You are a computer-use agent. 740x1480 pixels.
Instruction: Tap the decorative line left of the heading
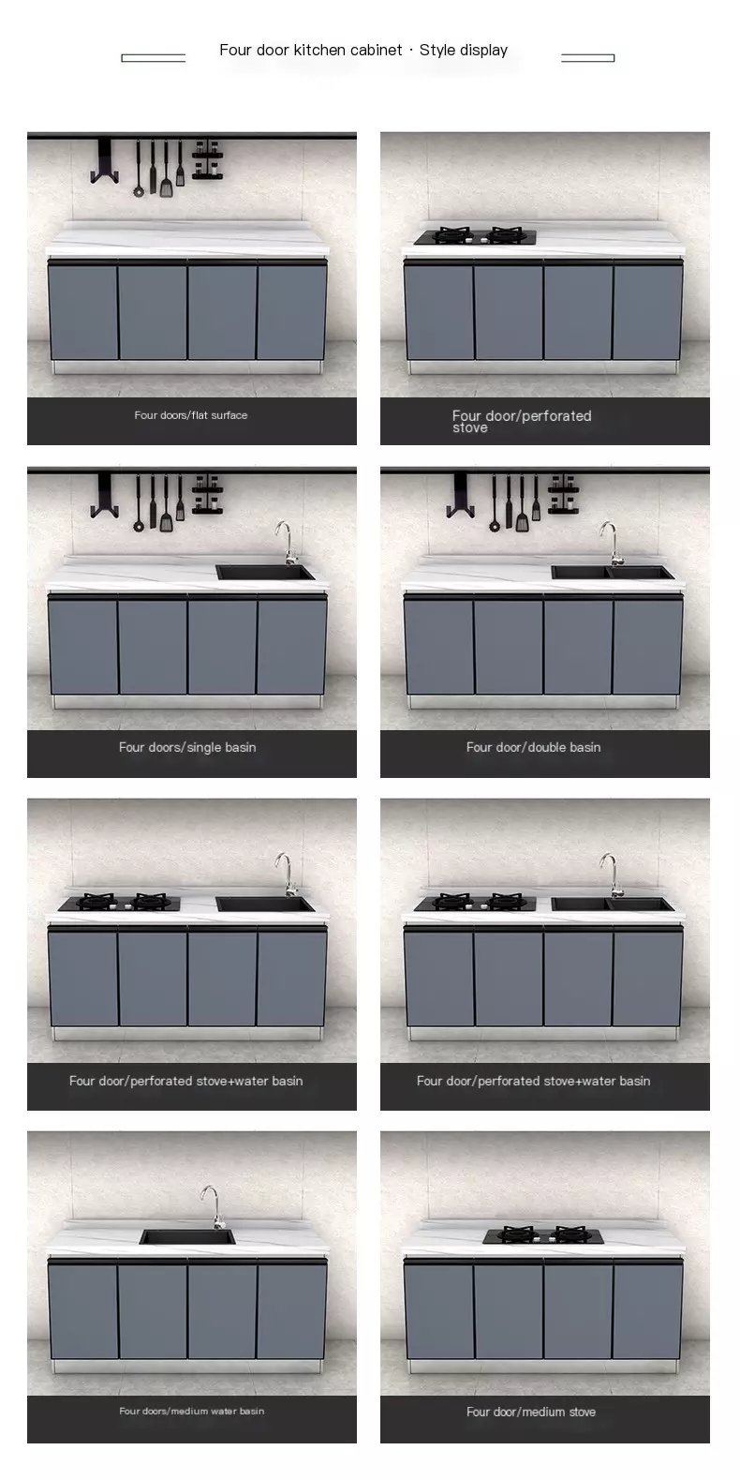tap(153, 58)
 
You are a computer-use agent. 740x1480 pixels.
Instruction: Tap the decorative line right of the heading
tap(587, 58)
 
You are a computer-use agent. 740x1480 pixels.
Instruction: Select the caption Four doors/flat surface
tap(191, 415)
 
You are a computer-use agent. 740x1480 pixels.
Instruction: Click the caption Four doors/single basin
tap(187, 747)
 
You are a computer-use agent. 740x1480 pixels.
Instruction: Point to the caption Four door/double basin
tap(533, 747)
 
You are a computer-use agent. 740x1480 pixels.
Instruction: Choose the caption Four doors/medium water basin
tap(191, 1411)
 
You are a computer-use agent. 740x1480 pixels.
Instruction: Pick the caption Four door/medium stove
tap(531, 1412)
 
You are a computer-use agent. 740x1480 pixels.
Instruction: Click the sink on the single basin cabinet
tap(265, 572)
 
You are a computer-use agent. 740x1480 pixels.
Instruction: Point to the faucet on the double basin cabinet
tap(609, 543)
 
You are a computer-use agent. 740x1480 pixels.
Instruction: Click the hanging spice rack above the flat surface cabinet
tap(207, 160)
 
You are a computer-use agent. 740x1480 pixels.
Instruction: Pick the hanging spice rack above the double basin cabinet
tap(563, 495)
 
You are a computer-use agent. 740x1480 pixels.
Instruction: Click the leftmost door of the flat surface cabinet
tap(83, 312)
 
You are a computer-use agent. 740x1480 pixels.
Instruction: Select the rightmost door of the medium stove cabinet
tap(647, 1311)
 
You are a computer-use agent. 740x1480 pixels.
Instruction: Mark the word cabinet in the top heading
tap(376, 51)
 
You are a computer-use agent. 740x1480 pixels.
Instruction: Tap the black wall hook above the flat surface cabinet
tap(104, 160)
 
